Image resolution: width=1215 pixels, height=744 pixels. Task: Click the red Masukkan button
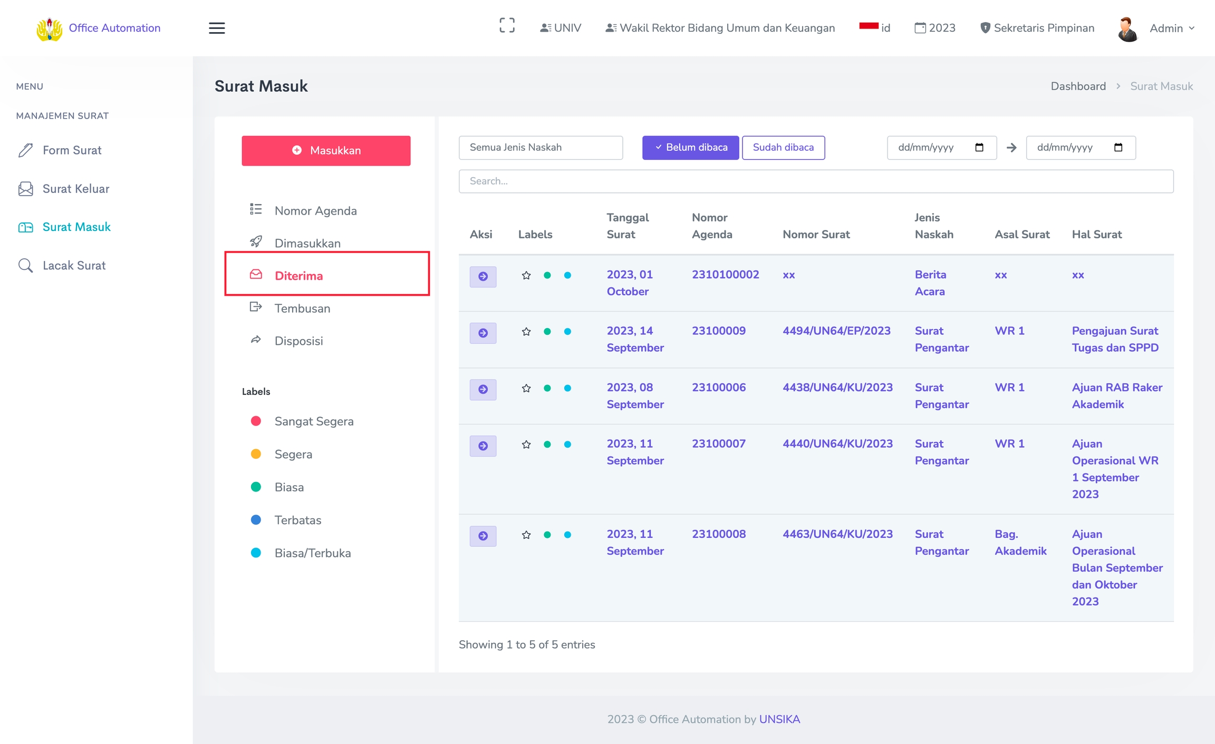pyautogui.click(x=326, y=151)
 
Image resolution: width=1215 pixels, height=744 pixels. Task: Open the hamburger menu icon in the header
pyautogui.click(x=217, y=28)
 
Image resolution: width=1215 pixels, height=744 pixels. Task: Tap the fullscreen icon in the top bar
pyautogui.click(x=507, y=25)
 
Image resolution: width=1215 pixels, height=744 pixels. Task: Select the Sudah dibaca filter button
pyautogui.click(x=783, y=148)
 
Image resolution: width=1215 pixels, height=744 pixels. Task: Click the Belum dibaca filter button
pyautogui.click(x=690, y=148)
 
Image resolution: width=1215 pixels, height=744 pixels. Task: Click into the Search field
pyautogui.click(x=816, y=181)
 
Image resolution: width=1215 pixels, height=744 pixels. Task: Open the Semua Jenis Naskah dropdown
pyautogui.click(x=541, y=148)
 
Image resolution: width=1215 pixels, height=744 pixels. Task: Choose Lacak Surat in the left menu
pyautogui.click(x=74, y=266)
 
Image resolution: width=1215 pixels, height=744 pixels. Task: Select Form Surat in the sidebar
pyautogui.click(x=72, y=150)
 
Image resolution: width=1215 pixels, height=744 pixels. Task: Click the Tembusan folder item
pyautogui.click(x=302, y=308)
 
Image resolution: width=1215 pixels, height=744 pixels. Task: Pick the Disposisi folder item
pyautogui.click(x=298, y=341)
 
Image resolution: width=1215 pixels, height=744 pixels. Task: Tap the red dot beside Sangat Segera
pyautogui.click(x=256, y=421)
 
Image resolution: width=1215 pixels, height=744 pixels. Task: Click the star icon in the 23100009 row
pyautogui.click(x=526, y=332)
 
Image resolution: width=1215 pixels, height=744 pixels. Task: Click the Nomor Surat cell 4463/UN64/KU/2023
pyautogui.click(x=837, y=534)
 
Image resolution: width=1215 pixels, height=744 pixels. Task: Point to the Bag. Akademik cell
pyautogui.click(x=1020, y=543)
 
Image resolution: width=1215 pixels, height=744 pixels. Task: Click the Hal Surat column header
pyautogui.click(x=1097, y=235)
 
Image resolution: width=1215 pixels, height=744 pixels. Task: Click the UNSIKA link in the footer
pyautogui.click(x=779, y=719)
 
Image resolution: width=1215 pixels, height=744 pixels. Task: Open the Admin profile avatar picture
pyautogui.click(x=1127, y=28)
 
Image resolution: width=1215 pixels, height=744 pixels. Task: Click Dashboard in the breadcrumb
pyautogui.click(x=1078, y=86)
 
